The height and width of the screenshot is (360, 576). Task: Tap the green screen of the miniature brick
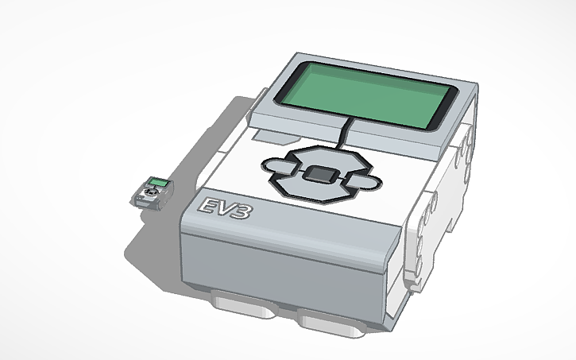[x=158, y=184]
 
